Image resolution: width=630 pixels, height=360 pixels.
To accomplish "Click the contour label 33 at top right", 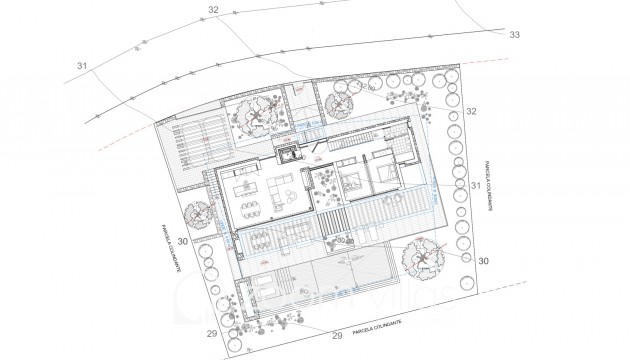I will point(515,34).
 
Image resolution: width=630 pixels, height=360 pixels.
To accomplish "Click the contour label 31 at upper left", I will point(82,67).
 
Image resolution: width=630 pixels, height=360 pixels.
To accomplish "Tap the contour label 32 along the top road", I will point(212,10).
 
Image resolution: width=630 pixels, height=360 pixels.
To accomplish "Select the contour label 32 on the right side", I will point(471,110).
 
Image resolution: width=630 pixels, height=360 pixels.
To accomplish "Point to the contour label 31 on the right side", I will point(475,185).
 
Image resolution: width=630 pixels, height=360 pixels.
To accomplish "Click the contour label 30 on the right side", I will point(483,260).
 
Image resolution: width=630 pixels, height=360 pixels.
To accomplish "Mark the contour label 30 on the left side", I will point(183,241).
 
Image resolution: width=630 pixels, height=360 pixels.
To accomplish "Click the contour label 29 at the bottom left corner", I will point(212,333).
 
